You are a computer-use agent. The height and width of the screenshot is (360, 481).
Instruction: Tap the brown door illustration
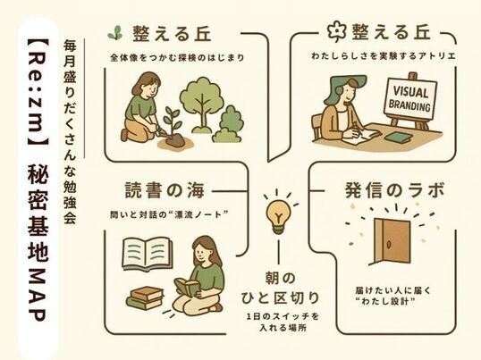pyautogui.click(x=391, y=242)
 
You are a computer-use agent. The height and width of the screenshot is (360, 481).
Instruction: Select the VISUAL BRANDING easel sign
pyautogui.click(x=409, y=98)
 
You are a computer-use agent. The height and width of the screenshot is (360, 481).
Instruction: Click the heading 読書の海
pyautogui.click(x=165, y=190)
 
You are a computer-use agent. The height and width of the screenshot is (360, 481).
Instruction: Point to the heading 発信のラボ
pyautogui.click(x=394, y=190)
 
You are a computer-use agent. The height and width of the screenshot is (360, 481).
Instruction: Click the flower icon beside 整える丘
pyautogui.click(x=336, y=31)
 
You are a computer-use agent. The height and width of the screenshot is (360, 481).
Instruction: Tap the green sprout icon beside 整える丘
pyautogui.click(x=114, y=32)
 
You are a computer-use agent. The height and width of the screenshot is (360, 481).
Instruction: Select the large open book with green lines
pyautogui.click(x=148, y=254)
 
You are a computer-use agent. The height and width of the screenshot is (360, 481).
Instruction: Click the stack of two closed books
pyautogui.click(x=145, y=297)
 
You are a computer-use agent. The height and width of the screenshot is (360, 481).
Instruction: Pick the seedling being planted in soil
pyautogui.click(x=172, y=129)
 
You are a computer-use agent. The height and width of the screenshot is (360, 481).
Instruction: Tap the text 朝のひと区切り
pyautogui.click(x=280, y=289)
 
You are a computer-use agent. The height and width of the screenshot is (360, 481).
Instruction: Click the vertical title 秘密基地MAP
pyautogui.click(x=38, y=242)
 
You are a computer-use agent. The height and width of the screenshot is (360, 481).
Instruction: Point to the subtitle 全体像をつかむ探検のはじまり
pyautogui.click(x=177, y=57)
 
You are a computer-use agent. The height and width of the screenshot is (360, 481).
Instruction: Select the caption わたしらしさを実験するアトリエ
pyautogui.click(x=384, y=56)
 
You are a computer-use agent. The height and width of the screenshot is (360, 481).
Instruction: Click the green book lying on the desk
pyautogui.click(x=397, y=137)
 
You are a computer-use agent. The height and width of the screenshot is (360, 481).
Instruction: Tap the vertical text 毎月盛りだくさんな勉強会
pyautogui.click(x=70, y=132)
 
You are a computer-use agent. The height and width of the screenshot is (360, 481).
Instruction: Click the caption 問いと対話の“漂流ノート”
pyautogui.click(x=169, y=214)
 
